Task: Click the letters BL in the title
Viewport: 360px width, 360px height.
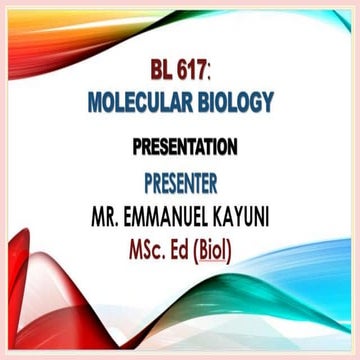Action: click(162, 74)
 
